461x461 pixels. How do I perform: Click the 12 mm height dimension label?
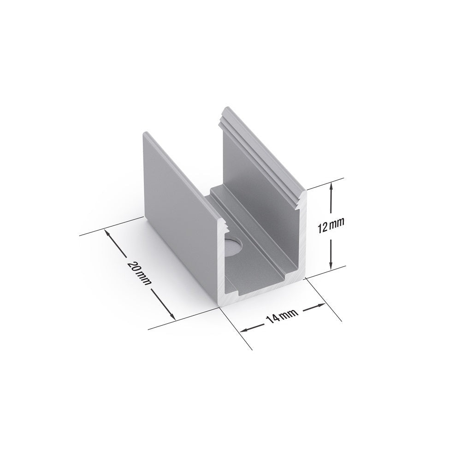(x=331, y=225)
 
